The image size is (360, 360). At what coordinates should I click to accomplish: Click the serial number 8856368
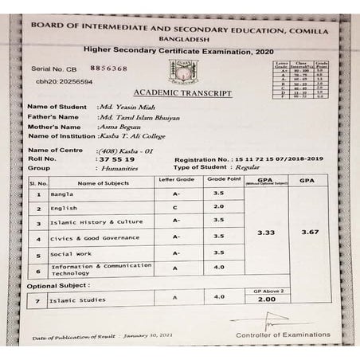coord(109,68)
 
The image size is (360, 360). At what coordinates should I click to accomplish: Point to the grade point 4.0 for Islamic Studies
coord(220,298)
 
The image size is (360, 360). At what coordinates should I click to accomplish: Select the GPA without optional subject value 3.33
coord(266,233)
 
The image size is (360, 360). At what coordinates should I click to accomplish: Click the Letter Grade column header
coord(176,181)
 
